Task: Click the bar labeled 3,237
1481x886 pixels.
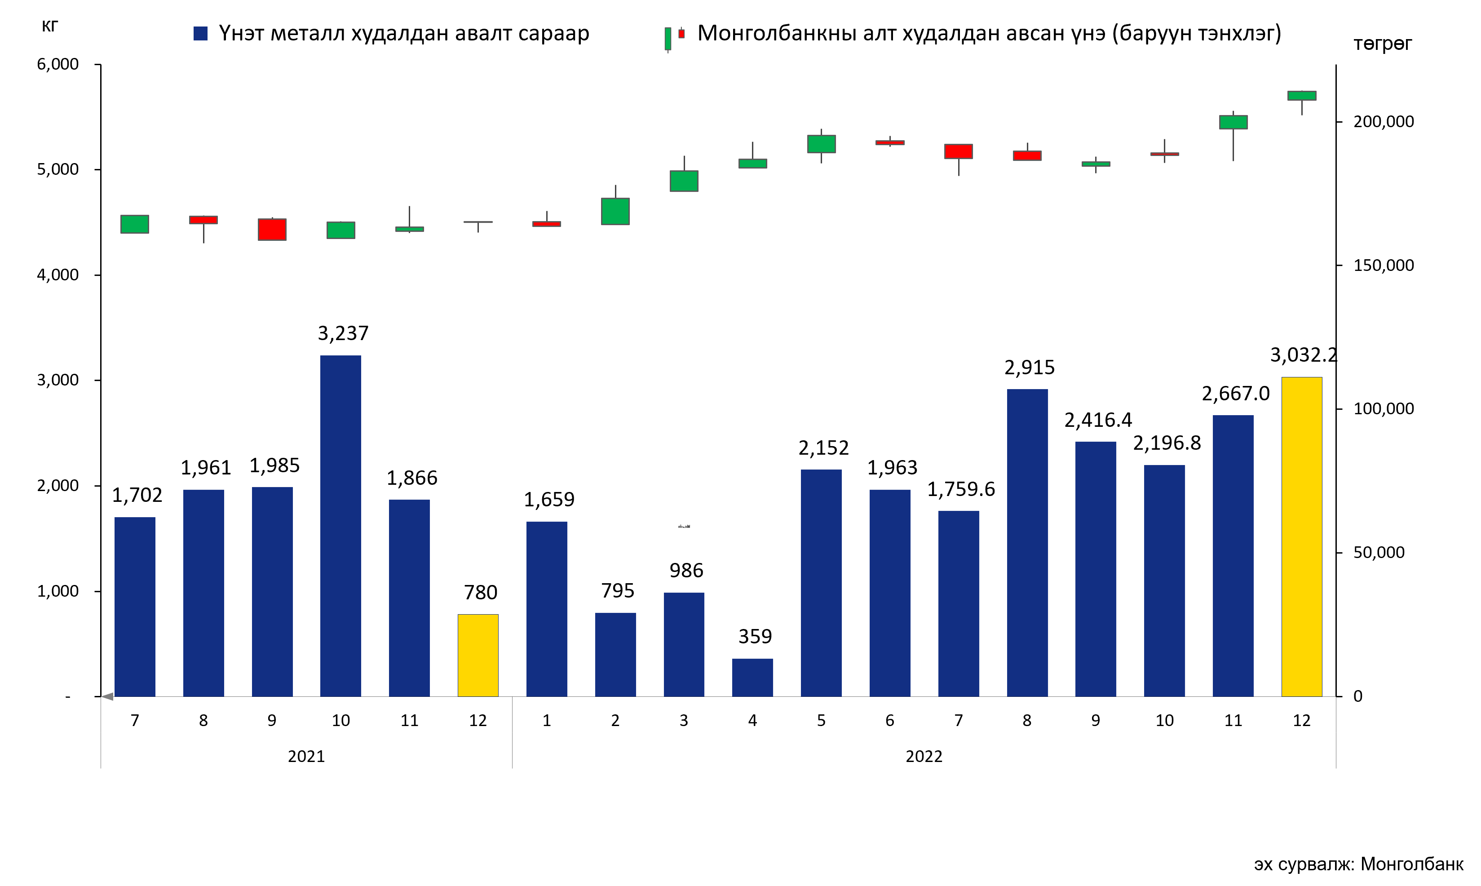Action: tap(340, 525)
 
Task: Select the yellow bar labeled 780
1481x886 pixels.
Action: tap(477, 655)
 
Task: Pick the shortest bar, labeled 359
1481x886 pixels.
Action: tap(752, 677)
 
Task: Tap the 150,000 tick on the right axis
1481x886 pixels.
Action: tap(1383, 265)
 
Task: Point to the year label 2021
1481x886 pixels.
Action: tap(306, 757)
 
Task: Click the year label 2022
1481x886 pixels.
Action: tap(924, 757)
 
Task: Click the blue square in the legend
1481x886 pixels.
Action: tap(201, 33)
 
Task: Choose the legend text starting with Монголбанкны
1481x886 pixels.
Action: tap(989, 33)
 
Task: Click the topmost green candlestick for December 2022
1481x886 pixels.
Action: tap(1301, 96)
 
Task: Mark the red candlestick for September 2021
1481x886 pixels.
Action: tap(272, 229)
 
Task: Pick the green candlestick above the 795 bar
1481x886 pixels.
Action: tap(615, 211)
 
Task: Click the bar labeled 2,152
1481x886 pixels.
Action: tap(821, 583)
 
